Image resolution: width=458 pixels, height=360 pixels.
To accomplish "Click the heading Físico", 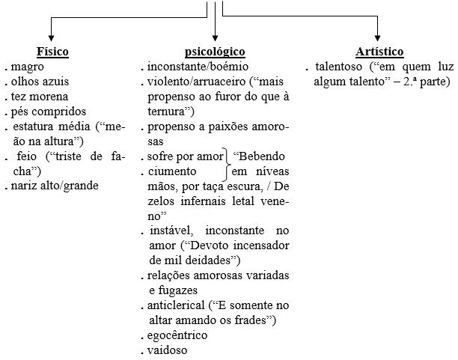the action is point(52,52).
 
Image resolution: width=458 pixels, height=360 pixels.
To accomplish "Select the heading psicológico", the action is point(215,52).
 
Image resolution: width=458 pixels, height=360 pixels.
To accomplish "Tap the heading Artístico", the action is point(380,52).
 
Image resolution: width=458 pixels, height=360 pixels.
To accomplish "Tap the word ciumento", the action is point(174,171).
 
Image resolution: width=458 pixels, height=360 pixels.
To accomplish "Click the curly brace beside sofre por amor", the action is point(228,164).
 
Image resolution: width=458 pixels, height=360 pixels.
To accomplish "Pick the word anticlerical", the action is point(178,305).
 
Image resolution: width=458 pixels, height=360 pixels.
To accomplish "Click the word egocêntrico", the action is point(178,335).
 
